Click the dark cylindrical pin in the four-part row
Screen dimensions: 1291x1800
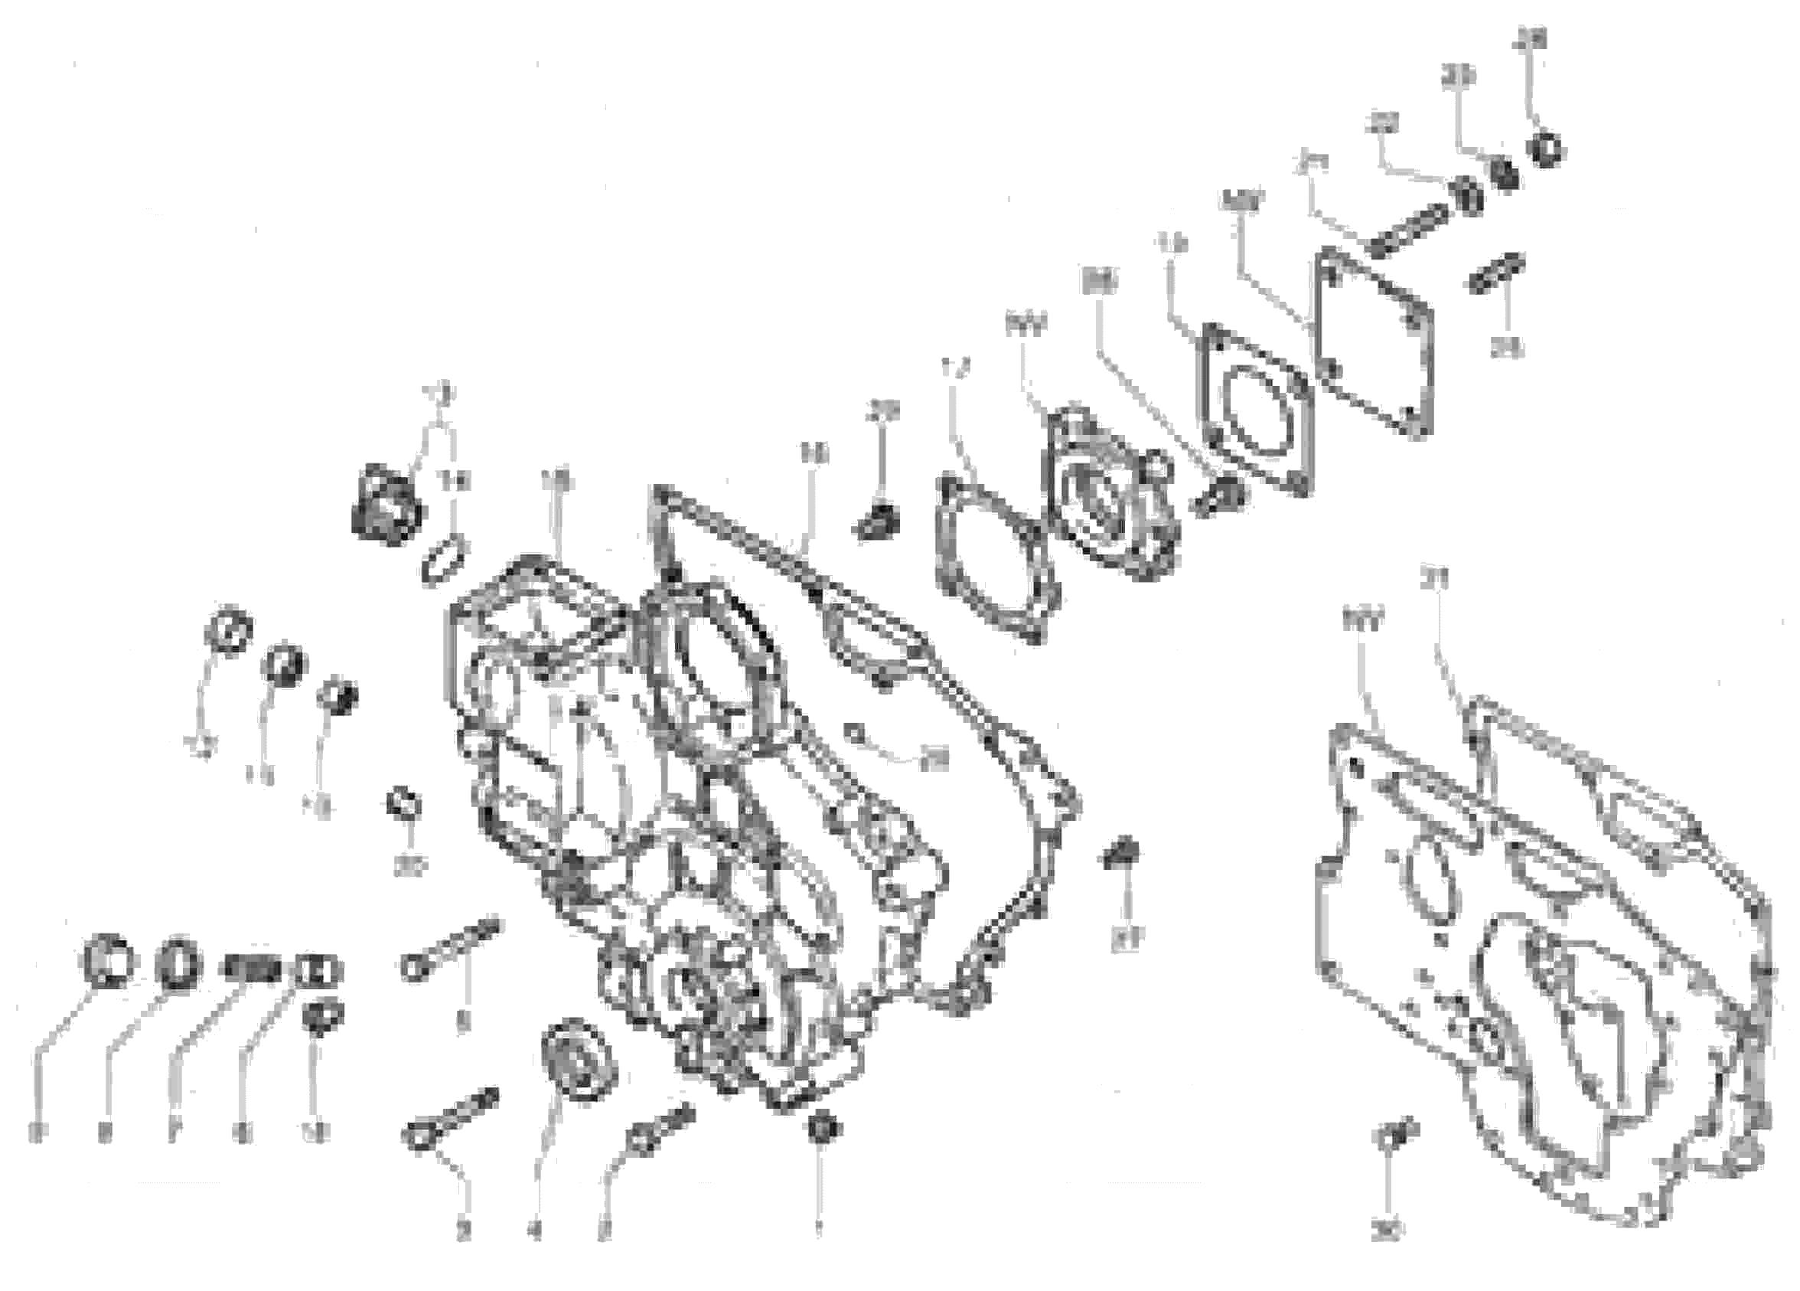[x=250, y=969]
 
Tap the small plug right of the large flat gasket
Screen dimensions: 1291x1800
[x=1122, y=855]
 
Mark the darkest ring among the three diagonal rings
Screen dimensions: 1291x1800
[x=338, y=696]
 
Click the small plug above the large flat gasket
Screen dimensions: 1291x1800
[x=879, y=516]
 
